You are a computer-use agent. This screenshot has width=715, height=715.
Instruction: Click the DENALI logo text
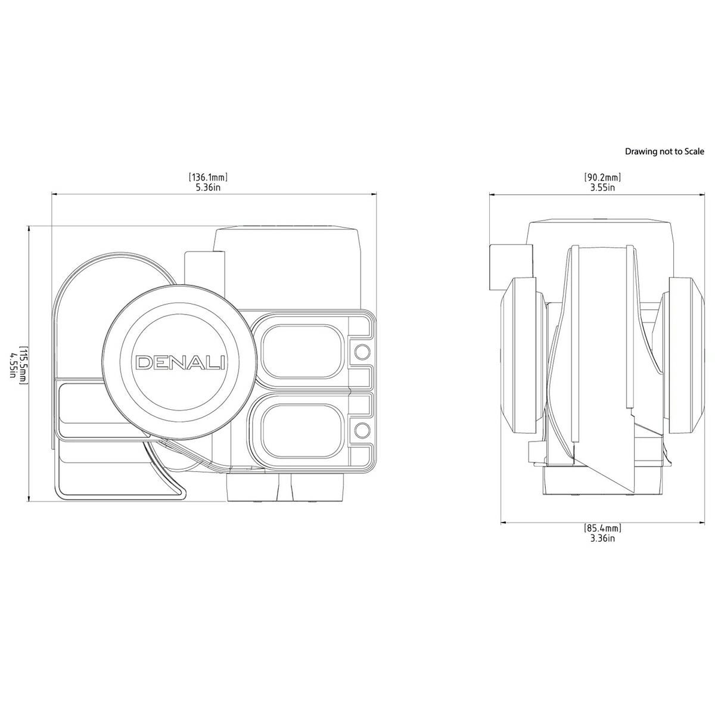pyautogui.click(x=181, y=362)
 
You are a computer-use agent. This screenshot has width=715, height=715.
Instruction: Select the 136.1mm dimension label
pyautogui.click(x=208, y=176)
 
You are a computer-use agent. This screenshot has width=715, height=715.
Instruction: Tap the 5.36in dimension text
pyautogui.click(x=208, y=187)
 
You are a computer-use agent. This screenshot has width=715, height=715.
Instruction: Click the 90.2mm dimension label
pyautogui.click(x=602, y=176)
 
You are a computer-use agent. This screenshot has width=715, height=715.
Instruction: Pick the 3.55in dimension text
pyautogui.click(x=602, y=187)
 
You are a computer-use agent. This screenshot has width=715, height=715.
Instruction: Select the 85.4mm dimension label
pyautogui.click(x=602, y=528)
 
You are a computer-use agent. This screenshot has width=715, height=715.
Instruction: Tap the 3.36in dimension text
pyautogui.click(x=602, y=539)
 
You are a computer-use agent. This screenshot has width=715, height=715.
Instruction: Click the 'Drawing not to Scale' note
pyautogui.click(x=664, y=151)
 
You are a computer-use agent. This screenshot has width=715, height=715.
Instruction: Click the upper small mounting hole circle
pyautogui.click(x=362, y=351)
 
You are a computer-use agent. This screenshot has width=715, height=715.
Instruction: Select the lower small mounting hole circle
pyautogui.click(x=362, y=430)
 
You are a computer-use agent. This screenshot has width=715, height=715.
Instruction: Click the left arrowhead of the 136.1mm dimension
pyautogui.click(x=54, y=194)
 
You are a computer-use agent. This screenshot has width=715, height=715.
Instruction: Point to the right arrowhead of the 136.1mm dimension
pyautogui.click(x=374, y=193)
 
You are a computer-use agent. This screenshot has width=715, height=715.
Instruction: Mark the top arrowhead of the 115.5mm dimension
pyautogui.click(x=29, y=229)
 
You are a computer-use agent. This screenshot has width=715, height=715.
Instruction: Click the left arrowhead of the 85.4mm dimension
pyautogui.click(x=504, y=523)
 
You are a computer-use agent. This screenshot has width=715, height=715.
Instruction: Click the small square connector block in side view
pyautogui.click(x=511, y=267)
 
